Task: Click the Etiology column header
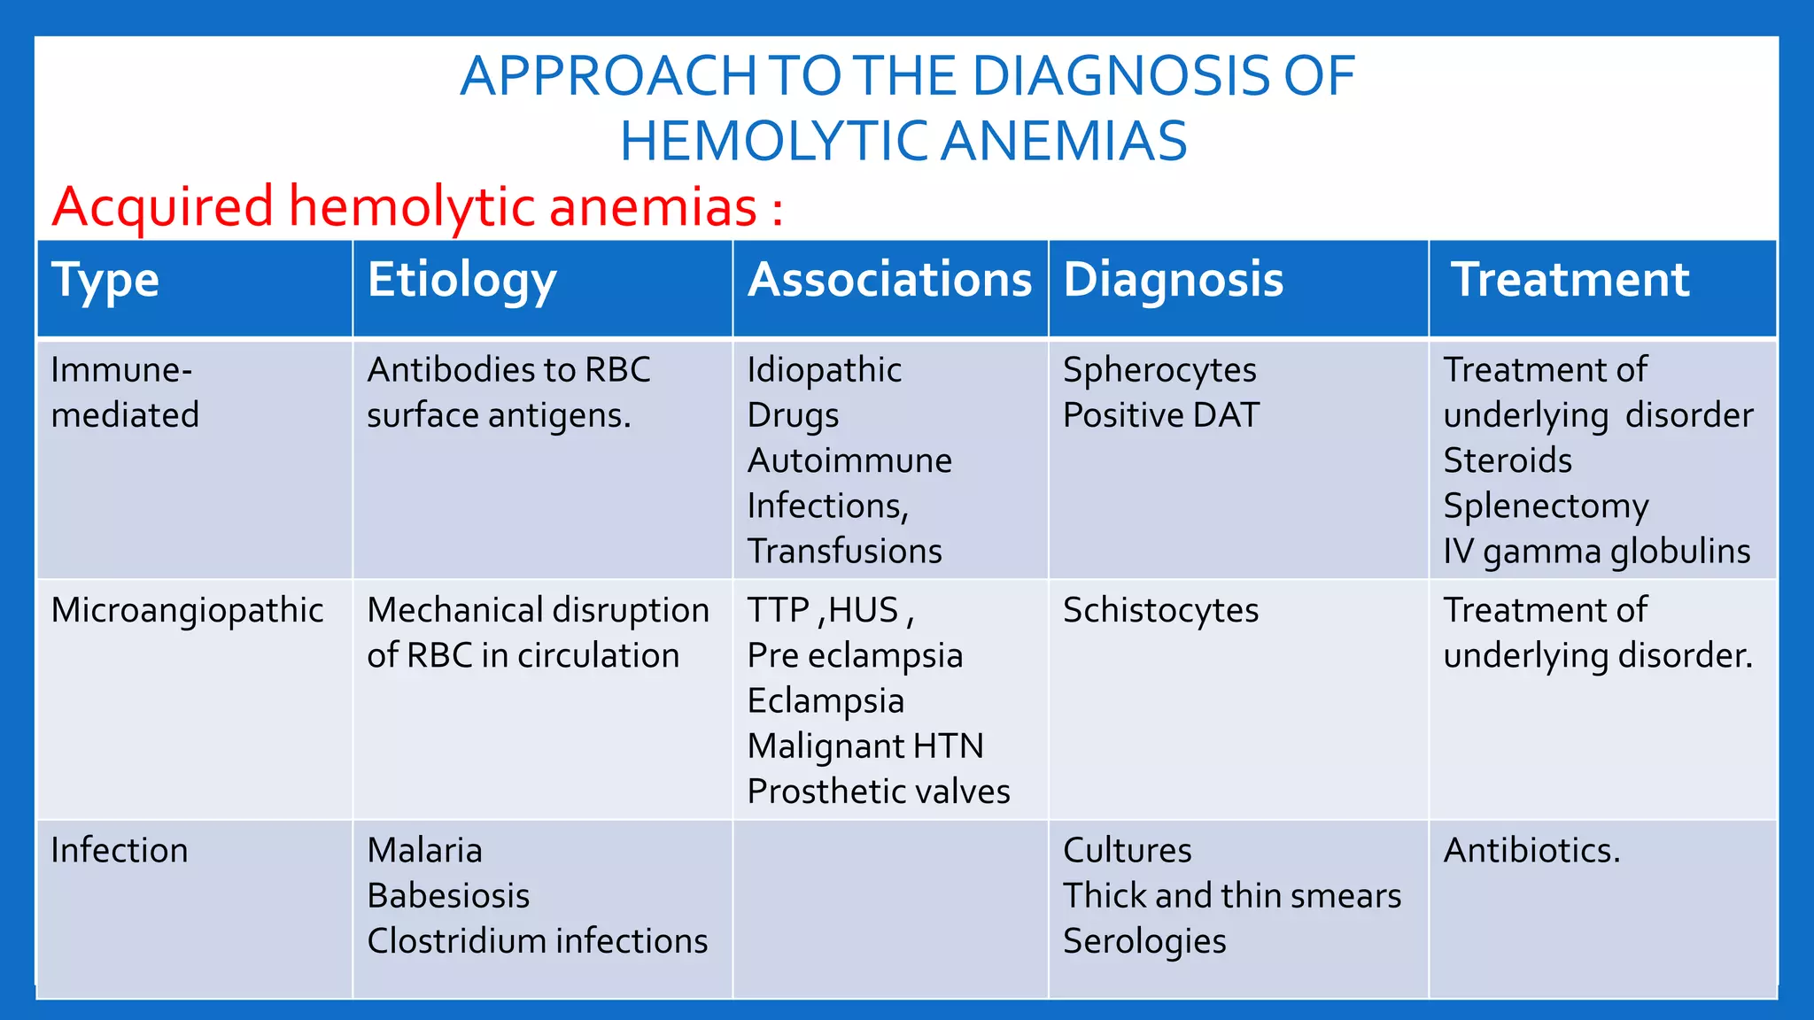tap(461, 281)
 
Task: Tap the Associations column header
tap(889, 280)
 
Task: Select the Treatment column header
tap(1570, 280)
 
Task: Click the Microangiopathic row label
tap(187, 611)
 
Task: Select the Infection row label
tap(120, 851)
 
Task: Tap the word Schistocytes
tap(1160, 611)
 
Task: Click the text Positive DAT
tap(1160, 415)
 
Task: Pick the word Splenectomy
tap(1546, 506)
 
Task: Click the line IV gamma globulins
tap(1596, 552)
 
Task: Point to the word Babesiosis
tap(448, 896)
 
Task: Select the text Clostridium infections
tap(537, 941)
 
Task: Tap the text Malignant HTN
tap(864, 746)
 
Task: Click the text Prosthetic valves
tap(878, 792)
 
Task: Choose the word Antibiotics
tap(1531, 851)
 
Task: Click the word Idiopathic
tap(824, 370)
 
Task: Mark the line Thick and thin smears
tap(1231, 896)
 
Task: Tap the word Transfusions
tap(844, 552)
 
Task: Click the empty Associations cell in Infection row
tap(889, 908)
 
